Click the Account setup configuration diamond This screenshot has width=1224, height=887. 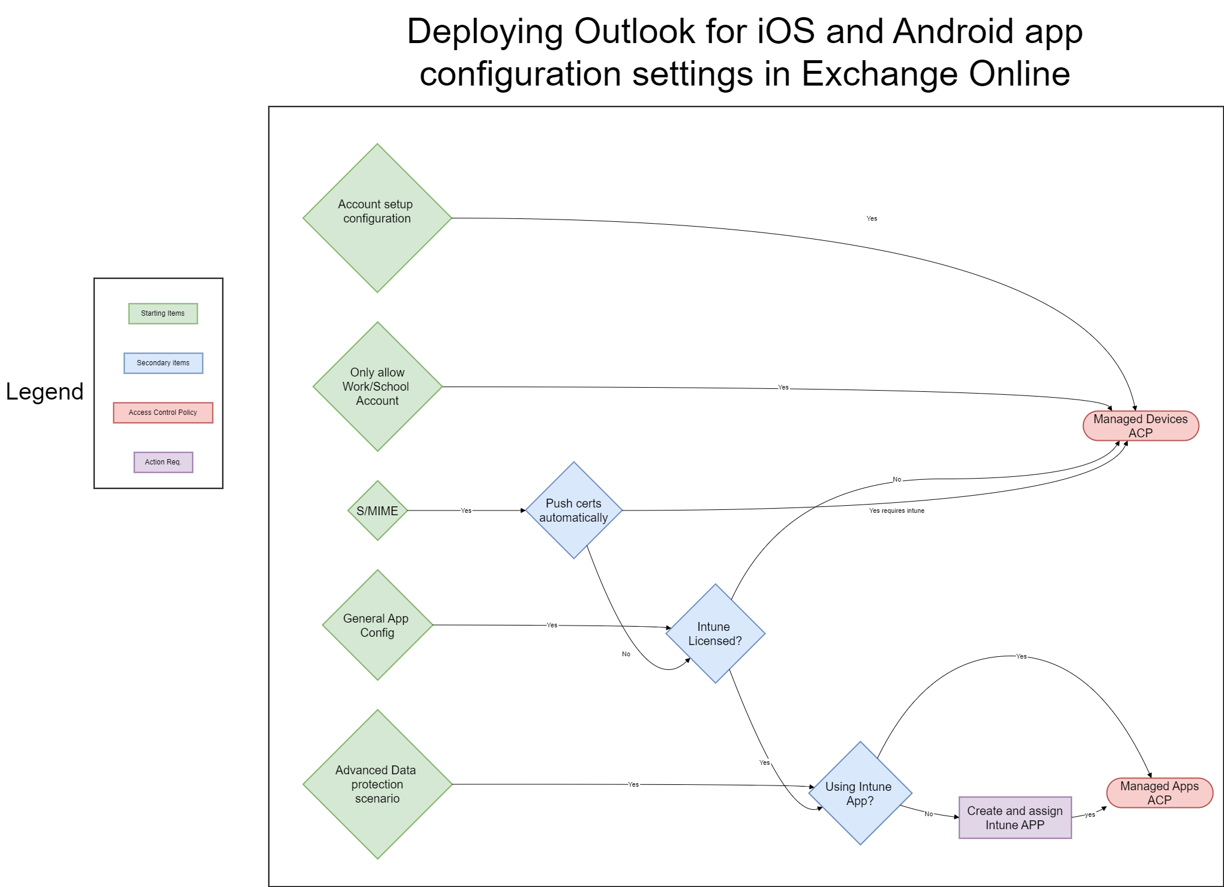pos(377,218)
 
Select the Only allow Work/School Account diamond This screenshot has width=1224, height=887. pos(377,387)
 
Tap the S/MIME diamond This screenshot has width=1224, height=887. pos(377,510)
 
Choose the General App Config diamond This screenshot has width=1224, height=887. pos(377,625)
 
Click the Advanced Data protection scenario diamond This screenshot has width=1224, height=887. pos(377,784)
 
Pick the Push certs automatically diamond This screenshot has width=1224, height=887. pos(574,510)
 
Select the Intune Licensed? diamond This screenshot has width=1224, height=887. pos(715,633)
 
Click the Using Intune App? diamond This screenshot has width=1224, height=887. pos(860,793)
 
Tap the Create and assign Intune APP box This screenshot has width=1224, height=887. pos(1015,817)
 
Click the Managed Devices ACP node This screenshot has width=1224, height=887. pos(1140,426)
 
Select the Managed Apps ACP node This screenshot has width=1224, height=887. pos(1159,793)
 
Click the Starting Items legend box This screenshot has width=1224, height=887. pos(163,313)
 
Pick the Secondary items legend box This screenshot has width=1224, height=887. pos(163,363)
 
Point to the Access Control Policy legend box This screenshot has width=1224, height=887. pos(163,413)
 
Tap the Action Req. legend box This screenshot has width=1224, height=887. pos(163,462)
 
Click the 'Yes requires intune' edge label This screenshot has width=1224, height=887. pos(896,510)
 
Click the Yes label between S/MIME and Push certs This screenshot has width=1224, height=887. pos(466,510)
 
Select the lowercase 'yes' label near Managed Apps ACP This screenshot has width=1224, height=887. pos(1090,814)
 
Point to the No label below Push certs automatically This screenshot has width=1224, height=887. pos(626,654)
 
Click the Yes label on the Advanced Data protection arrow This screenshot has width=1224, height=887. pos(633,784)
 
